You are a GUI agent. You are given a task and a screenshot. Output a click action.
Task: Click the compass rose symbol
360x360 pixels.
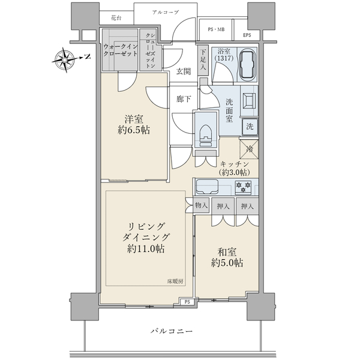[x=65, y=59]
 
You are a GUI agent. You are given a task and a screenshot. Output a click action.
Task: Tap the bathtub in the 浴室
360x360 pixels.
[x=247, y=64]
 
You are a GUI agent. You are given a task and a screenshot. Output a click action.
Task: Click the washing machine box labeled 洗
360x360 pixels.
[x=250, y=127]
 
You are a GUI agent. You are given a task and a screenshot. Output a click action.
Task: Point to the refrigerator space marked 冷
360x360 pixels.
[x=249, y=149]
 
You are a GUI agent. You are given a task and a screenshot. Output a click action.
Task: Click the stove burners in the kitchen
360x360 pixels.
[x=244, y=186]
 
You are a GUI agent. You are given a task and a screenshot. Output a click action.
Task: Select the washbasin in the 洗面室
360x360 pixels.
[x=249, y=100]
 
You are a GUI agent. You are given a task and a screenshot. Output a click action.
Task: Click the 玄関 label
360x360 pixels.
[x=184, y=71]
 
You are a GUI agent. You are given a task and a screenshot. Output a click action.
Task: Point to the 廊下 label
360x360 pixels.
[x=184, y=99]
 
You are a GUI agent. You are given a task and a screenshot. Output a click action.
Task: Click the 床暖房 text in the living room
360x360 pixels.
[x=175, y=281]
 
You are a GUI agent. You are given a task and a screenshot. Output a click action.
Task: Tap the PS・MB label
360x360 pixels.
[x=216, y=29]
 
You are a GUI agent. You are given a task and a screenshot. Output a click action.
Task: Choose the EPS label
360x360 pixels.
[x=247, y=35]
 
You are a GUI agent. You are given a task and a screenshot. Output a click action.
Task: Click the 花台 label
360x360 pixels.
[x=116, y=17]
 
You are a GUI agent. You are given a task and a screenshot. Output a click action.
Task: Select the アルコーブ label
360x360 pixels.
[x=166, y=12]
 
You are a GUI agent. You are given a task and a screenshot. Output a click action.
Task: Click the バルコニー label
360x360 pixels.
[x=172, y=331]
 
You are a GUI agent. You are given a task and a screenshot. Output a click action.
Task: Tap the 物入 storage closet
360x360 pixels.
[x=202, y=205]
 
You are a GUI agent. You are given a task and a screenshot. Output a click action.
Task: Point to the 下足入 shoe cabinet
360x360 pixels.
[x=203, y=60]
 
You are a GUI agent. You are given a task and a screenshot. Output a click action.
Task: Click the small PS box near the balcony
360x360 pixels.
[x=187, y=302]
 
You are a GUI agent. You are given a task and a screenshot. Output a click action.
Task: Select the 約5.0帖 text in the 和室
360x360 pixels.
[x=227, y=263]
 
